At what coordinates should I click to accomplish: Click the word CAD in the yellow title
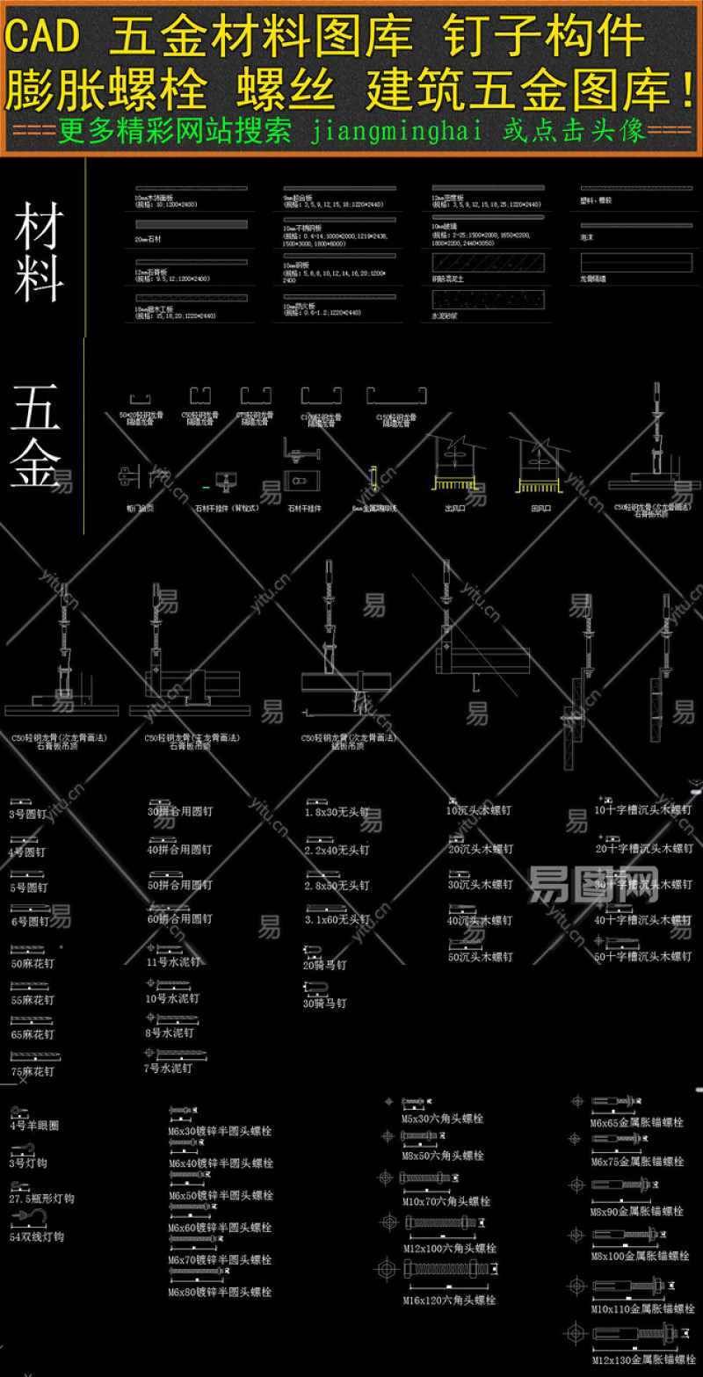(x=44, y=36)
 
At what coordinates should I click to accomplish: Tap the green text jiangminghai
(x=397, y=132)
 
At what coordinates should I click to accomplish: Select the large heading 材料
(x=39, y=250)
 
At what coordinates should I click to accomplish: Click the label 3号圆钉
(x=28, y=815)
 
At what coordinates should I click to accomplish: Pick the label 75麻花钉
(x=33, y=1071)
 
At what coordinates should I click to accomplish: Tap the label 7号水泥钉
(x=168, y=1069)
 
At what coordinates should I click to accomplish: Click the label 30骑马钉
(x=324, y=1003)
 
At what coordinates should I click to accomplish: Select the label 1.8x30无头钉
(x=337, y=813)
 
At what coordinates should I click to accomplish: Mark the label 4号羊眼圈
(x=34, y=1125)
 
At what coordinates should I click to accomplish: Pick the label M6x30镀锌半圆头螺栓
(x=221, y=1131)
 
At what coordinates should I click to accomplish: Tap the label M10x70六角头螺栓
(x=446, y=1201)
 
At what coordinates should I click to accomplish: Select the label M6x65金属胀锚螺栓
(x=636, y=1122)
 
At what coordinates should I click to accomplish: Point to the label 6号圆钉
(x=30, y=922)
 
